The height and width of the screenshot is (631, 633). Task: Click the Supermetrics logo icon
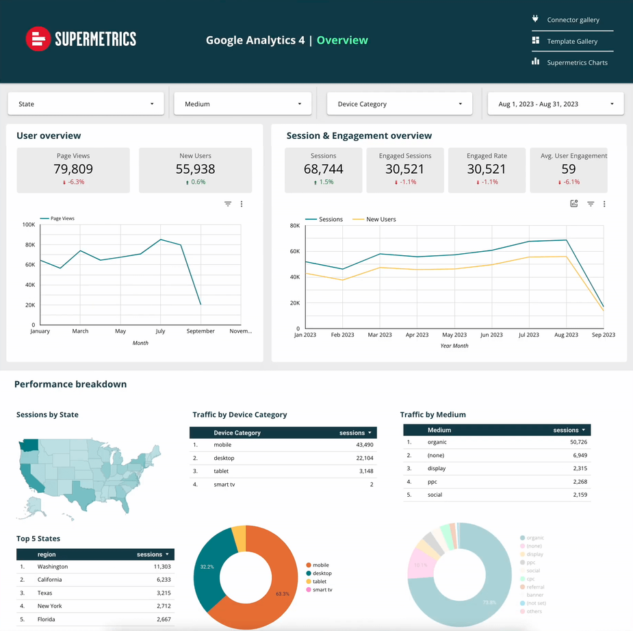[38, 39]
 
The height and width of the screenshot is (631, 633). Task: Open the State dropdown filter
[86, 104]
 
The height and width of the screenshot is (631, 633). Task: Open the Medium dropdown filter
[243, 104]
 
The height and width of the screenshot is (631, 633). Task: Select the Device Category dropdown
[400, 104]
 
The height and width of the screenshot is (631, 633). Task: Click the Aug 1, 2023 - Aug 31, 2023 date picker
[555, 104]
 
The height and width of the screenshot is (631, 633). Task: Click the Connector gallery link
[573, 20]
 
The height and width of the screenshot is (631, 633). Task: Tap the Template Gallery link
[572, 42]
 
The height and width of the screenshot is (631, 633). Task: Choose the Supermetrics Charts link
[577, 63]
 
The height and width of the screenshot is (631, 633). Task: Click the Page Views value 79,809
[73, 169]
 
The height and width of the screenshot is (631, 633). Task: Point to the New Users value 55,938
[195, 169]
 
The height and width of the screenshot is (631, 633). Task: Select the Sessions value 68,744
[323, 169]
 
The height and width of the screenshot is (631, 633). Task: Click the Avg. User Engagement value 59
[568, 169]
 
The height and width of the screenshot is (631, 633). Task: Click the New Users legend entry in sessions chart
[380, 220]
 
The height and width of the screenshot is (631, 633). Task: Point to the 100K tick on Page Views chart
[29, 224]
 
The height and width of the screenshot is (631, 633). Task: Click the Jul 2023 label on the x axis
[528, 335]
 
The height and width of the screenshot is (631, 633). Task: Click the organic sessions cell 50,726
[573, 442]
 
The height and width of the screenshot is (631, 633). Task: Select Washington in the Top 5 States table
[53, 567]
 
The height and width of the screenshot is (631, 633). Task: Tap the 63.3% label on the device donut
[282, 594]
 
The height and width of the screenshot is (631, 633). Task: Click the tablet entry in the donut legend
[320, 581]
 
